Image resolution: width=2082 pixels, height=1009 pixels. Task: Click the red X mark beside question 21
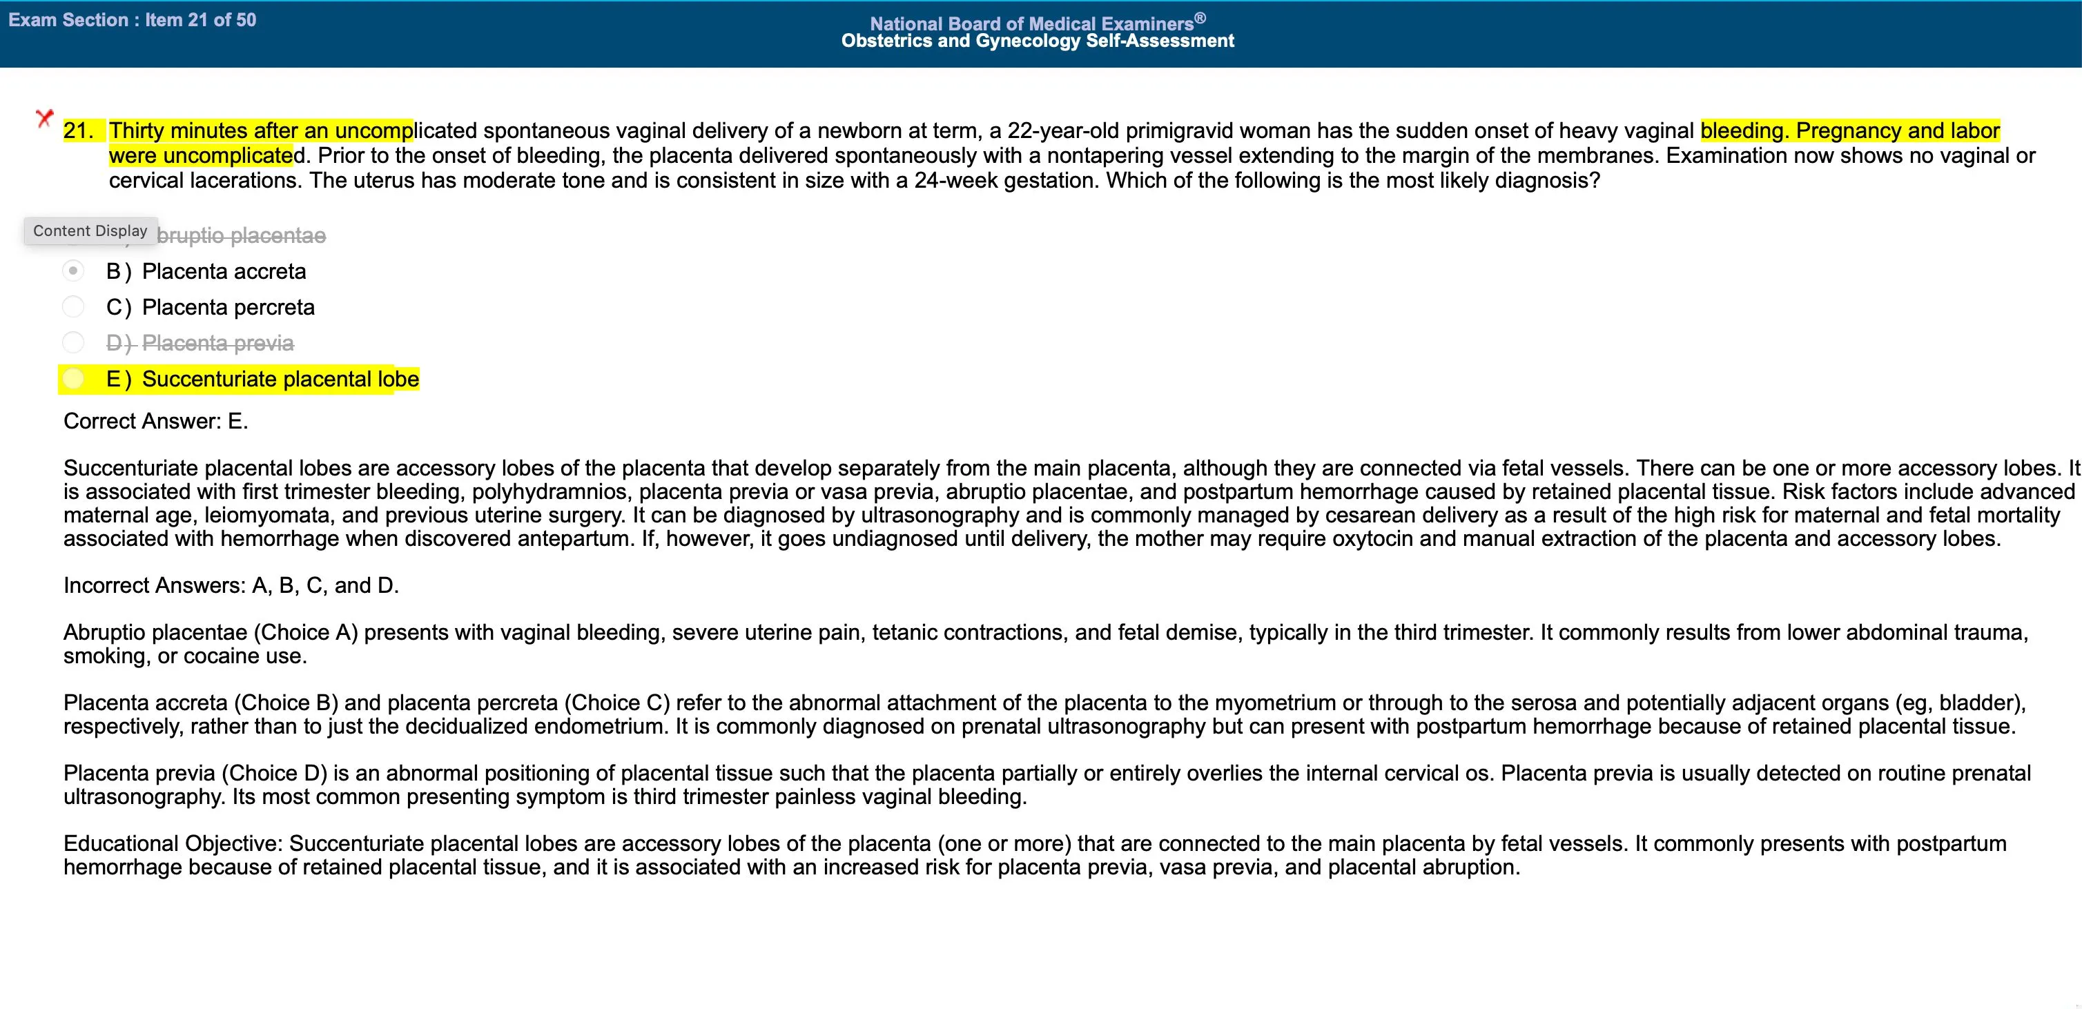pyautogui.click(x=44, y=119)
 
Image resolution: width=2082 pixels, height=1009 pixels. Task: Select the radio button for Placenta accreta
pyautogui.click(x=72, y=271)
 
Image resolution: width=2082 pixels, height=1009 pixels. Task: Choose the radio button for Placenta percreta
pyautogui.click(x=72, y=307)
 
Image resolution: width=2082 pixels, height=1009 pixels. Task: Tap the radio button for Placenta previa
pyautogui.click(x=72, y=342)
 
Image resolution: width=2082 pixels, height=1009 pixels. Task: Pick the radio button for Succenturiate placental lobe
pyautogui.click(x=72, y=378)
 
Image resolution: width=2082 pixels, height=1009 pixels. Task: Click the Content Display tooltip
pyautogui.click(x=90, y=231)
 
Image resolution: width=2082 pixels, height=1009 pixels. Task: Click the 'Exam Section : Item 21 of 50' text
pyautogui.click(x=132, y=20)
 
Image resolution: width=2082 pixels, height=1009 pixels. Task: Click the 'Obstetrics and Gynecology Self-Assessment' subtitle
pyautogui.click(x=1037, y=41)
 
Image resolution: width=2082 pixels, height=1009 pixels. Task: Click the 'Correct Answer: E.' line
pyautogui.click(x=156, y=421)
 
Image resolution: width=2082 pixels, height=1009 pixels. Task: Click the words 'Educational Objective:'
pyautogui.click(x=173, y=843)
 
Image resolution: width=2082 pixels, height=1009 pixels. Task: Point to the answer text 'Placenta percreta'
pyautogui.click(x=228, y=307)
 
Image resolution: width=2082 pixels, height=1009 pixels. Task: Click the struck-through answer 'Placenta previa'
pyautogui.click(x=217, y=343)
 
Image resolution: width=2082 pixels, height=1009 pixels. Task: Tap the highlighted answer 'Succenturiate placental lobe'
pyautogui.click(x=280, y=379)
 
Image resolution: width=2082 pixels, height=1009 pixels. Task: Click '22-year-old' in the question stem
pyautogui.click(x=1063, y=131)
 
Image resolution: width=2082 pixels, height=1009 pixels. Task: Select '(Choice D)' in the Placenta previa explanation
pyautogui.click(x=275, y=773)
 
